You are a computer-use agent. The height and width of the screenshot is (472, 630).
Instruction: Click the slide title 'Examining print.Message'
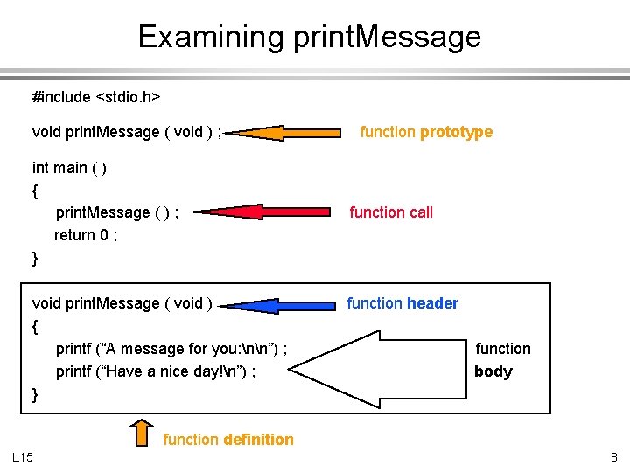tap(310, 37)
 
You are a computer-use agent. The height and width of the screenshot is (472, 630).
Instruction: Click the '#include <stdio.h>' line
tap(96, 97)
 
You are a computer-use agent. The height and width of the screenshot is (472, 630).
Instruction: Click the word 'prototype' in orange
tap(456, 132)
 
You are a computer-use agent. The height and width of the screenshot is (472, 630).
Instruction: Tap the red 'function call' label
tap(391, 212)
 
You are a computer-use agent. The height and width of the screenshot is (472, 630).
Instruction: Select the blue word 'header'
tap(432, 303)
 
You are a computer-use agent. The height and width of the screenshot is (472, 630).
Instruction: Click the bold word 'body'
tap(493, 371)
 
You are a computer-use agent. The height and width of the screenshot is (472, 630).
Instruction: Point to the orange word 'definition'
tap(258, 440)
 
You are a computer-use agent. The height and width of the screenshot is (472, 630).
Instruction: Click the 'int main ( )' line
tap(70, 168)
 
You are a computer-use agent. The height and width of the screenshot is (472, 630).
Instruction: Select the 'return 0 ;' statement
tap(86, 235)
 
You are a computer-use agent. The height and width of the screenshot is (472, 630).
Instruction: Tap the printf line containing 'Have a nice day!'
tap(156, 371)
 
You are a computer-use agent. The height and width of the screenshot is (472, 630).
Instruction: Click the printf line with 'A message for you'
tap(172, 349)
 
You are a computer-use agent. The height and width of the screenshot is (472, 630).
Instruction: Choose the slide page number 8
tap(613, 457)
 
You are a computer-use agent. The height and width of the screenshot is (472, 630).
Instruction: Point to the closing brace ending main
tap(36, 259)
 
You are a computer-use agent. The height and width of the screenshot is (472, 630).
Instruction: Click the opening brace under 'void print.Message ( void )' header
tap(36, 327)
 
